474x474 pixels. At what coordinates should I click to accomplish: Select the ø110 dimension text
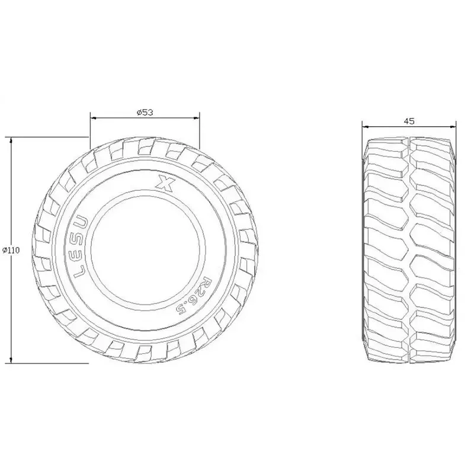tap(11, 250)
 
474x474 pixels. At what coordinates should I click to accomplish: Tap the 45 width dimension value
tap(409, 120)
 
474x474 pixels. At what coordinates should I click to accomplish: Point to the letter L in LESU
tap(81, 274)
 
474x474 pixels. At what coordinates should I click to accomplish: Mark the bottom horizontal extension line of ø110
tap(47, 363)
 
